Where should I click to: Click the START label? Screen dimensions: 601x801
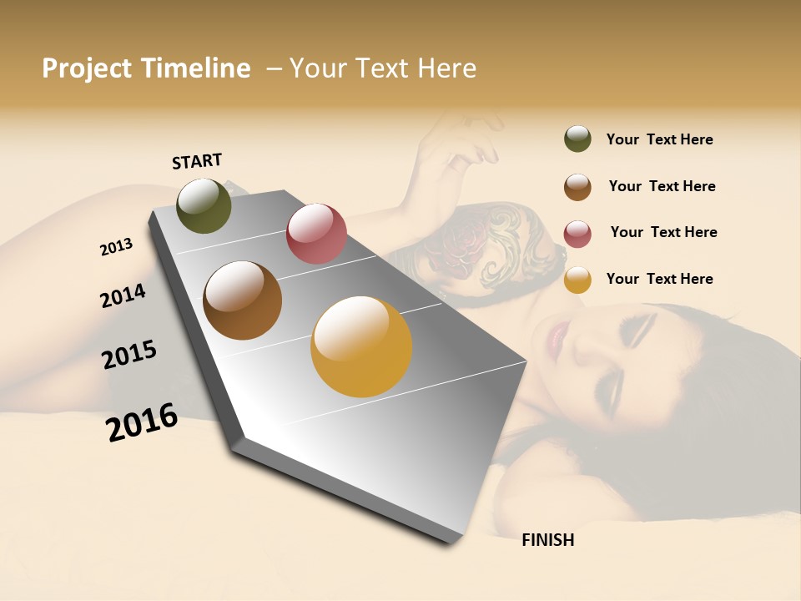click(197, 160)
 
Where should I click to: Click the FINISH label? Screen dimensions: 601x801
click(547, 540)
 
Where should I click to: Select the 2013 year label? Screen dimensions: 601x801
click(117, 246)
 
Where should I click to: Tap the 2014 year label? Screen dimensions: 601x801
click(123, 295)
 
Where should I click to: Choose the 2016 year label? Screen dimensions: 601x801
click(142, 422)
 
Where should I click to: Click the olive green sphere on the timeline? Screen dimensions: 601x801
click(204, 205)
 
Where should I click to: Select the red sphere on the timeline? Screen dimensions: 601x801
click(316, 233)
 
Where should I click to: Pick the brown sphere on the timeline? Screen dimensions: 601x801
click(243, 300)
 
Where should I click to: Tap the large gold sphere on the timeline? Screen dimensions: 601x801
click(361, 346)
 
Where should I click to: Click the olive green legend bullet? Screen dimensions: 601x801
click(577, 139)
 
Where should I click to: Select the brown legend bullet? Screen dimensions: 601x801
click(577, 187)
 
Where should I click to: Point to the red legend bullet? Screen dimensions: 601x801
click(577, 234)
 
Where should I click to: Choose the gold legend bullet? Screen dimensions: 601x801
click(577, 280)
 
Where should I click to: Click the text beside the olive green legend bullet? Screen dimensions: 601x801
click(659, 139)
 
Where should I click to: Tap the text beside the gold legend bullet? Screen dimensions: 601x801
click(659, 279)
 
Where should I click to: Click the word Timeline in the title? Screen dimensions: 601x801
click(196, 68)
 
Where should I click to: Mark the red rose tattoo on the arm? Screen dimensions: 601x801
click(451, 242)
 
